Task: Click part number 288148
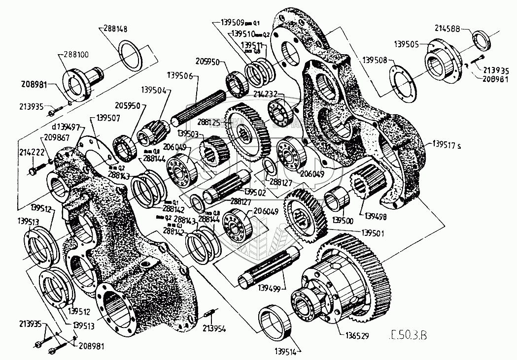(116, 29)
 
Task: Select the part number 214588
(447, 30)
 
